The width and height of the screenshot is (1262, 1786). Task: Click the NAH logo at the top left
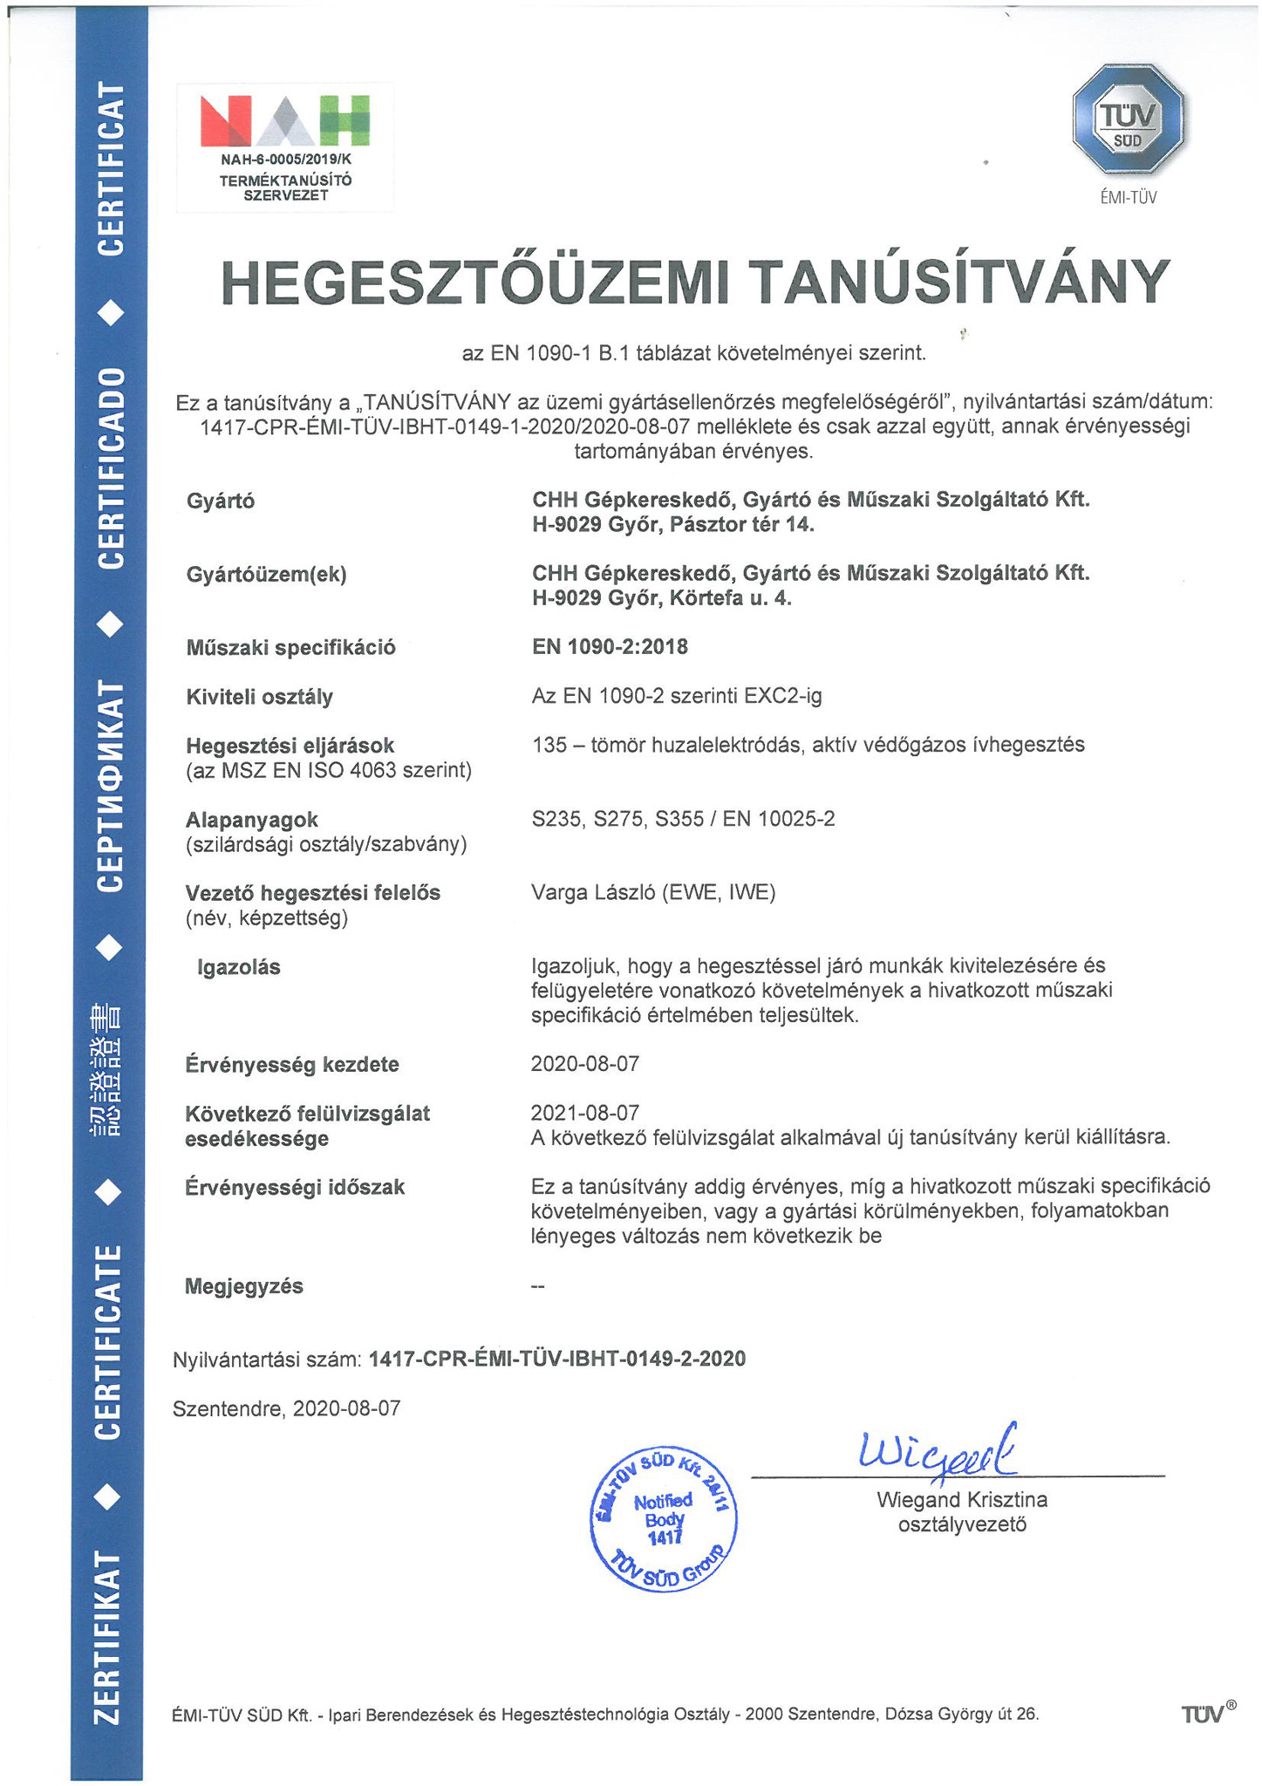pos(284,121)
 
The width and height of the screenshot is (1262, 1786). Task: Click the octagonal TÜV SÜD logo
pos(1128,119)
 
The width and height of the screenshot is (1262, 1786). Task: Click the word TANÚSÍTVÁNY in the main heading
pos(960,283)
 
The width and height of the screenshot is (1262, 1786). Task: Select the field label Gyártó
pos(221,501)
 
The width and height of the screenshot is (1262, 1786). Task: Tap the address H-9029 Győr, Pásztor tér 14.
pos(673,525)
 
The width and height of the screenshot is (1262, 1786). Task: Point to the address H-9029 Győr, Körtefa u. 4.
pos(662,598)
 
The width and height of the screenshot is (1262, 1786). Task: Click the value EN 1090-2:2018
pos(610,647)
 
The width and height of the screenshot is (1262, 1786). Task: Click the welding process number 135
pos(547,745)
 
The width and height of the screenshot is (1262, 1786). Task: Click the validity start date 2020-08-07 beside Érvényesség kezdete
pos(585,1064)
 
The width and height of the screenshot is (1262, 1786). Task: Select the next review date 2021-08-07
pos(585,1113)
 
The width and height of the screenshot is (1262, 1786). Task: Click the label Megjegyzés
pos(244,1286)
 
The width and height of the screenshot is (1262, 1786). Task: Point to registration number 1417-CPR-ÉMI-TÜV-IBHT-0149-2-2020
pos(557,1359)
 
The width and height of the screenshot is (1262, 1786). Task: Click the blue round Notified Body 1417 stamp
pos(664,1520)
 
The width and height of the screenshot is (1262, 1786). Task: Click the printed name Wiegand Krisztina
pos(962,1500)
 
